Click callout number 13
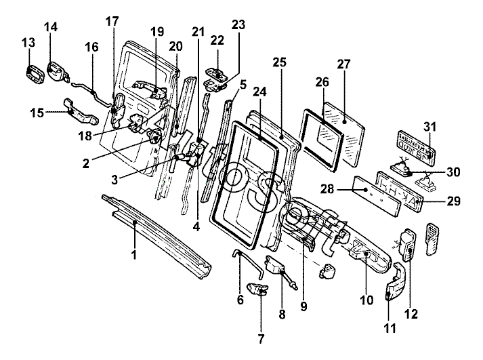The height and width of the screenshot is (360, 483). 28,43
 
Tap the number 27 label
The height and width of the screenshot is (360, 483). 343,64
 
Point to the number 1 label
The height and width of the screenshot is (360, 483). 134,255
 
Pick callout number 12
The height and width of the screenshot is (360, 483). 411,314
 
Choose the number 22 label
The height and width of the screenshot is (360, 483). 218,40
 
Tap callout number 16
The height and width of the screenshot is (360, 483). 91,47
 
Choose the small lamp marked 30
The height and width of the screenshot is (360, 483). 400,165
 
